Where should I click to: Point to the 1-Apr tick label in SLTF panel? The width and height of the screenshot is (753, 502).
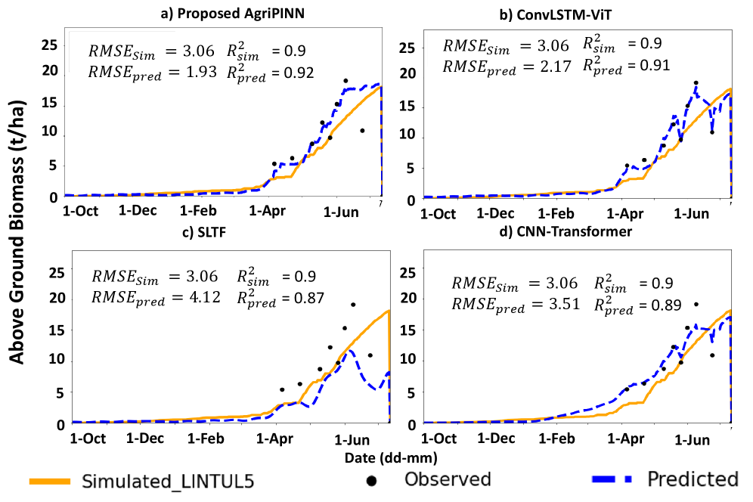pyautogui.click(x=276, y=438)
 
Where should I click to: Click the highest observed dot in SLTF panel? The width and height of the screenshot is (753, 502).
pyautogui.click(x=353, y=305)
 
